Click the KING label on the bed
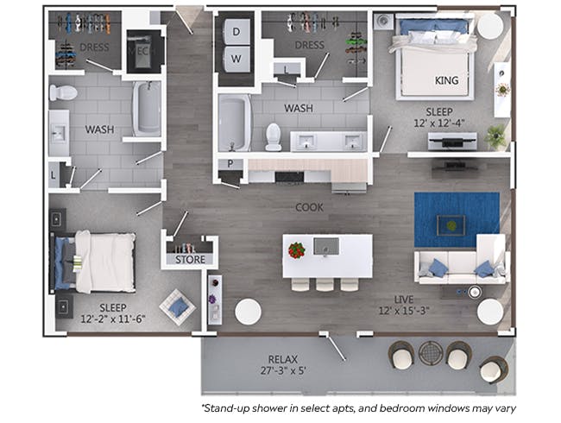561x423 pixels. point(446,80)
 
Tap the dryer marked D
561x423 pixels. point(236,32)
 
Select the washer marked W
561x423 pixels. point(236,59)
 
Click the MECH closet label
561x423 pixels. point(143,51)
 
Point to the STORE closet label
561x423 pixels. point(190,259)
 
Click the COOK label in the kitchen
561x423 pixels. point(309,207)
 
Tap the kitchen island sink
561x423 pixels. point(326,247)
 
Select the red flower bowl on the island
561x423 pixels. point(297,250)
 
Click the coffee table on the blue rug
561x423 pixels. point(451,225)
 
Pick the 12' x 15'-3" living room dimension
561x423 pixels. point(404,311)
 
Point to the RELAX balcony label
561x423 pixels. point(282,359)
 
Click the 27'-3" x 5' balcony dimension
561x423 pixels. point(282,370)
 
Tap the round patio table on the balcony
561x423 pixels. point(431,352)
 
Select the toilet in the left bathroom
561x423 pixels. point(63,92)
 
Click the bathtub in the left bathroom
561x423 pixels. point(147,109)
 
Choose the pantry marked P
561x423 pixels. point(230,164)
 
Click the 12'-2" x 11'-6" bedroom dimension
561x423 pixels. point(113,319)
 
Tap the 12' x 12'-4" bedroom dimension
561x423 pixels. point(439,123)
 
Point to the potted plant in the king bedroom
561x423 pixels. point(495,136)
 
